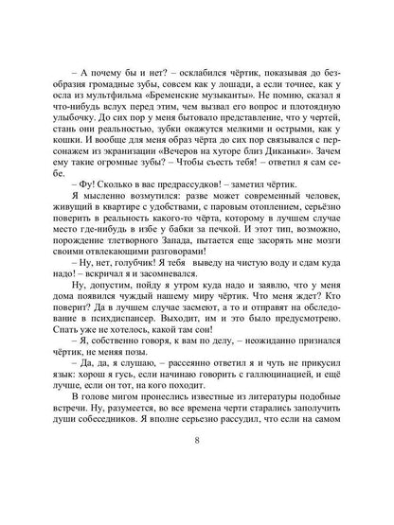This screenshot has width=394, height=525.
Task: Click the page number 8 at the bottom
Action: (x=196, y=493)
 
